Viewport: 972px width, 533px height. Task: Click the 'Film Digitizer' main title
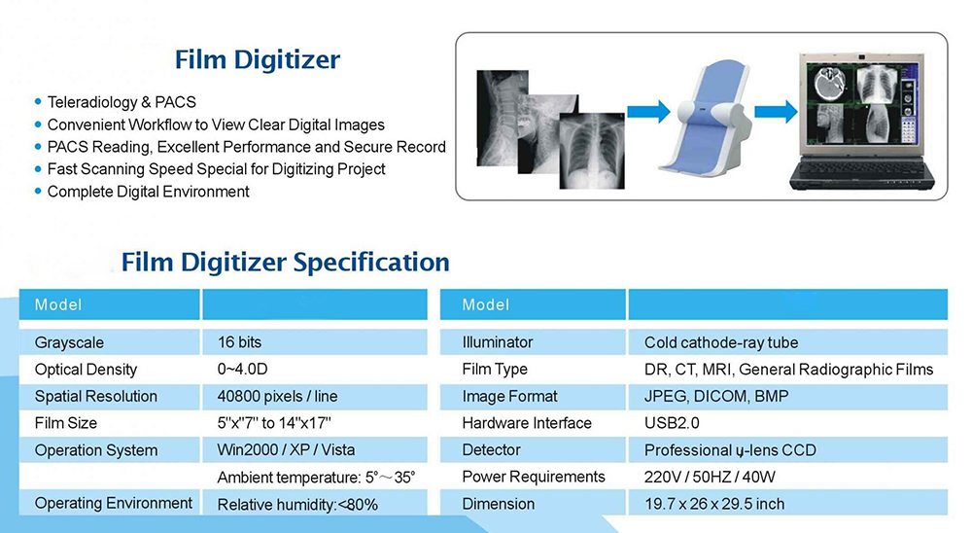click(x=258, y=60)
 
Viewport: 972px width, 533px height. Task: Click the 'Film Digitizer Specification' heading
click(x=285, y=262)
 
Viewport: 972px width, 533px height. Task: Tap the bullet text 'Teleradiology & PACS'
click(x=121, y=102)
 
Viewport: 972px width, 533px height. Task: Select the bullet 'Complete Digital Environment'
click(x=148, y=192)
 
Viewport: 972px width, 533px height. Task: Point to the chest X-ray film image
click(x=591, y=151)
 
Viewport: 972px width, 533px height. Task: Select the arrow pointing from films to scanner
click(x=648, y=112)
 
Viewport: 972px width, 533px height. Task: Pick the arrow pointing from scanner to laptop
click(x=776, y=112)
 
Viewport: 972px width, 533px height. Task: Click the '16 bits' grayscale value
click(x=239, y=342)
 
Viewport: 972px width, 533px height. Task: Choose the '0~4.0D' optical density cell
click(x=242, y=370)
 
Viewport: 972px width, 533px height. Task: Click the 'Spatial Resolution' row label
click(x=96, y=397)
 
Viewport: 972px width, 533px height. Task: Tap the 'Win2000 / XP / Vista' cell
click(x=286, y=450)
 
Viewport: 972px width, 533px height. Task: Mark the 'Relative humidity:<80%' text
click(x=297, y=505)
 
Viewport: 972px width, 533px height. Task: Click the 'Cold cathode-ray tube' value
click(x=721, y=342)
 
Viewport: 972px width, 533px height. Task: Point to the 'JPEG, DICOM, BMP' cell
click(x=716, y=397)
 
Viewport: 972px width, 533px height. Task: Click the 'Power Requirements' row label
click(x=533, y=477)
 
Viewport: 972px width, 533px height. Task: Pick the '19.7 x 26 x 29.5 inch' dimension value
click(x=714, y=504)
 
